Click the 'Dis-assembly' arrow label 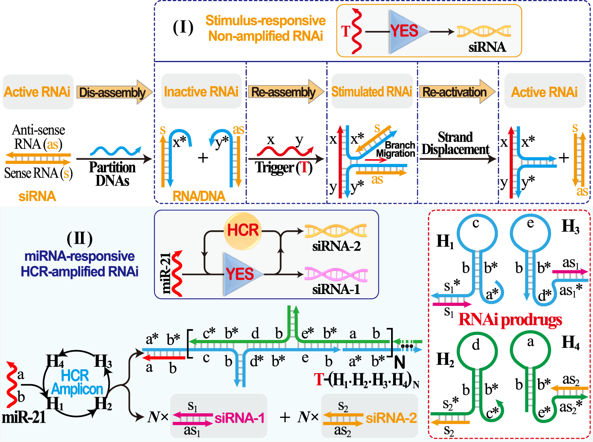click(113, 92)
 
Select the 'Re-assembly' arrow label click(284, 92)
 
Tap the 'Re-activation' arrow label click(455, 92)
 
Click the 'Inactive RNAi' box click(201, 91)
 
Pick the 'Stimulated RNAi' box click(371, 91)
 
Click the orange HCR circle click(243, 230)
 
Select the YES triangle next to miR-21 click(239, 274)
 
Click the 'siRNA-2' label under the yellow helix click(336, 246)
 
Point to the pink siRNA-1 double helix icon click(336, 274)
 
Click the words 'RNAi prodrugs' click(510, 320)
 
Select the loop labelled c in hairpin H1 click(477, 231)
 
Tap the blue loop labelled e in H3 click(530, 231)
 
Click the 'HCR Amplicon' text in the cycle click(76, 382)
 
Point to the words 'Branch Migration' click(396, 149)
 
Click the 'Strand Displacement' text click(456, 143)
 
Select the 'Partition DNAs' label click(112, 174)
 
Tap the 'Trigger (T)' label click(284, 167)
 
